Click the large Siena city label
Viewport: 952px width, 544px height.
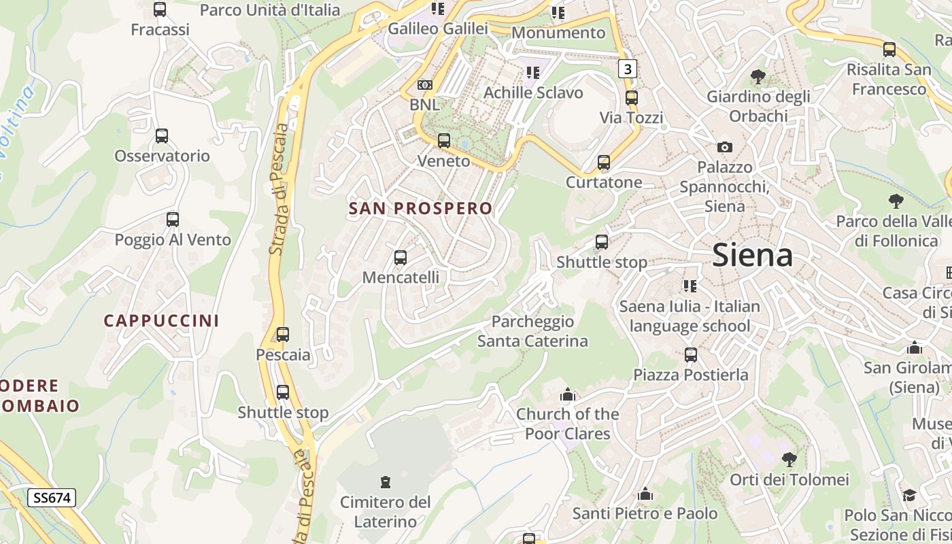coord(752,256)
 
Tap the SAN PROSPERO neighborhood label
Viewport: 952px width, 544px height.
coord(420,208)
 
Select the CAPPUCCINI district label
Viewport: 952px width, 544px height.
coord(161,320)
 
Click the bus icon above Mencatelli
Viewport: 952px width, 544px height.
coord(401,258)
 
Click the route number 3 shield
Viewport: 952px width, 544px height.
coord(627,69)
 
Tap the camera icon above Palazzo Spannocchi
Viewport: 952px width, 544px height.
coord(725,147)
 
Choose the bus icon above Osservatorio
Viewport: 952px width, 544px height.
coord(162,136)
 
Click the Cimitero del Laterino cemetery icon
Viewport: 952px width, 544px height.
coord(386,482)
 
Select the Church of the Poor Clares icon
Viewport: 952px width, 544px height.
coord(568,394)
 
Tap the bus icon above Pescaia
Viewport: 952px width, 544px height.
coord(283,335)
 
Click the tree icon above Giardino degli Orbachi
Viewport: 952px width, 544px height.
coord(758,77)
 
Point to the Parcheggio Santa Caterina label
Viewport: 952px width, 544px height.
coord(532,331)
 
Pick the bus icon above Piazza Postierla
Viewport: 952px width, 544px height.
coord(691,354)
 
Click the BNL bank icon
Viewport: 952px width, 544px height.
coord(425,85)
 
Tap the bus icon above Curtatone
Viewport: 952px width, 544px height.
coord(604,163)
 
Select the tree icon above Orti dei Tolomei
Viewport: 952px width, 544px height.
coord(789,460)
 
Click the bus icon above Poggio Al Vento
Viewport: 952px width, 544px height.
coord(173,220)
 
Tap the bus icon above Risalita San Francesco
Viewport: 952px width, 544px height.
coord(889,50)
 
